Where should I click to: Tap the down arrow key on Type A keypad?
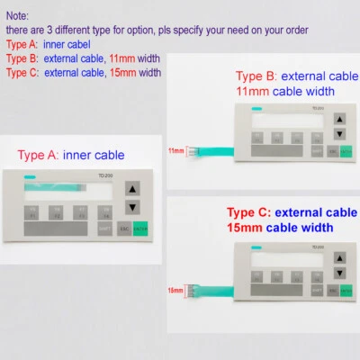[132, 208]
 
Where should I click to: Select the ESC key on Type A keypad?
[124, 229]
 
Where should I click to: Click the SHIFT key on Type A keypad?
[104, 229]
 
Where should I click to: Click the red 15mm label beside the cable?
[175, 291]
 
